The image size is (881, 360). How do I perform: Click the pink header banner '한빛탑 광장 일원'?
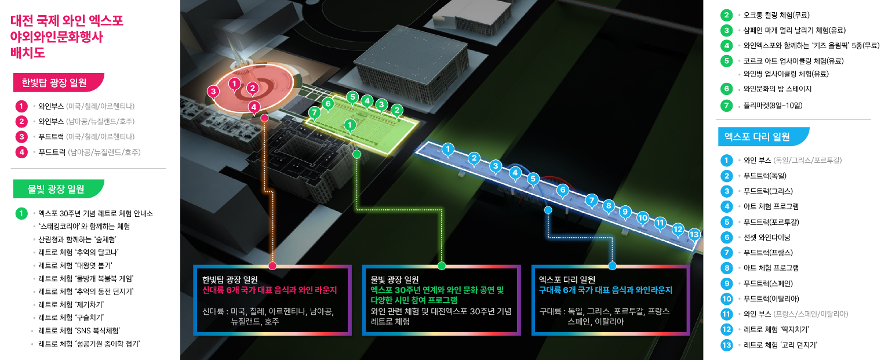(58, 82)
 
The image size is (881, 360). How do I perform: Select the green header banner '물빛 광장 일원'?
(58, 188)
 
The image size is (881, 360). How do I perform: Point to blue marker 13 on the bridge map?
(694, 234)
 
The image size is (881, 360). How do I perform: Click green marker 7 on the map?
(314, 112)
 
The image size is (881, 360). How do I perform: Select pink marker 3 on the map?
(214, 91)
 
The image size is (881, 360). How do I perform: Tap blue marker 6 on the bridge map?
(561, 189)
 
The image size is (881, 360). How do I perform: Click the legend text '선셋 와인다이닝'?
(767, 237)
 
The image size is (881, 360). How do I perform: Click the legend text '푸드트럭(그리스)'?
(768, 191)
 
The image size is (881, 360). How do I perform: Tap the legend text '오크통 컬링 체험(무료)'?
(776, 15)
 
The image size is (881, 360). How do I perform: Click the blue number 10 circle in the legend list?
(726, 299)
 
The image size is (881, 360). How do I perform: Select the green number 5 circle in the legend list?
(726, 60)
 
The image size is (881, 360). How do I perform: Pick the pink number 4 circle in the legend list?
(21, 152)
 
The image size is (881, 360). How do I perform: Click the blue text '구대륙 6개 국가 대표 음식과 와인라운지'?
(605, 289)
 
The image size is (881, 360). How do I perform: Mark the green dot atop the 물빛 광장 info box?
(442, 266)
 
